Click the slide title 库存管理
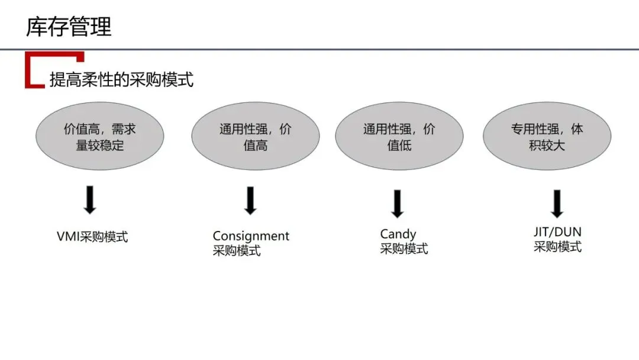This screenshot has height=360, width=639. coord(69,27)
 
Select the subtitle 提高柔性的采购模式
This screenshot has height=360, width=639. coord(121,79)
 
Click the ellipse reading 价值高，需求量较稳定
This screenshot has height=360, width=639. coord(100,137)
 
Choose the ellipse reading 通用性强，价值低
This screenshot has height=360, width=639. coord(399,137)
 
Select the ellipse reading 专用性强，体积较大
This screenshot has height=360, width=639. coord(547,137)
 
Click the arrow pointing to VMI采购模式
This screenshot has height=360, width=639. coord(90,200)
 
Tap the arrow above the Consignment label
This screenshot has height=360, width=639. coord(250,200)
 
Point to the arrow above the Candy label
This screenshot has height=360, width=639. coord(397,203)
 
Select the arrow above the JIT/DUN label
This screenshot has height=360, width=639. coord(557,203)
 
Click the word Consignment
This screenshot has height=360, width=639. coord(251,236)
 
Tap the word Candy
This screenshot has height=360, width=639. coord(398,234)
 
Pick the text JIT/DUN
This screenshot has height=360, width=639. coord(557,232)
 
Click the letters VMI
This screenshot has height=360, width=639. coord(68,237)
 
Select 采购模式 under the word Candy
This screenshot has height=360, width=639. coord(404,249)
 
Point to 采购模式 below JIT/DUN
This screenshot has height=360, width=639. coord(557,247)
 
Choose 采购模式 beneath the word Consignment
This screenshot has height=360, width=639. coord(237,250)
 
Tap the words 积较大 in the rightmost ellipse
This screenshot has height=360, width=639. coord(547,145)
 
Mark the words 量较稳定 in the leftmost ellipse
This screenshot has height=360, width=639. coord(100,145)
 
